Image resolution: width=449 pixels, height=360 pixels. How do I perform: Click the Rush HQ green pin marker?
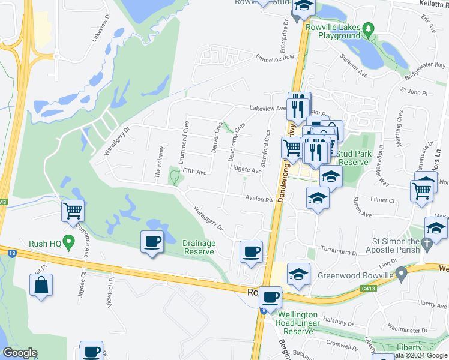pos(68,243)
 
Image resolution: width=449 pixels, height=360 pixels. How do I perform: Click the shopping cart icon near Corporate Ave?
pos(72,211)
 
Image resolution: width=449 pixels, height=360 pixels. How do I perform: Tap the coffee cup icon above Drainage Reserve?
pos(151,242)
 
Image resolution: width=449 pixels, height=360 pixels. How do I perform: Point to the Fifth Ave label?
pos(194,172)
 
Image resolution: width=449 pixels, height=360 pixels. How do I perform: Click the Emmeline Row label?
pos(276,58)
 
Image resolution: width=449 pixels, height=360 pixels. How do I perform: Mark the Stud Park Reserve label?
pos(352,158)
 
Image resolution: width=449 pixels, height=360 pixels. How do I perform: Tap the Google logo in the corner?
pos(20,353)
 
